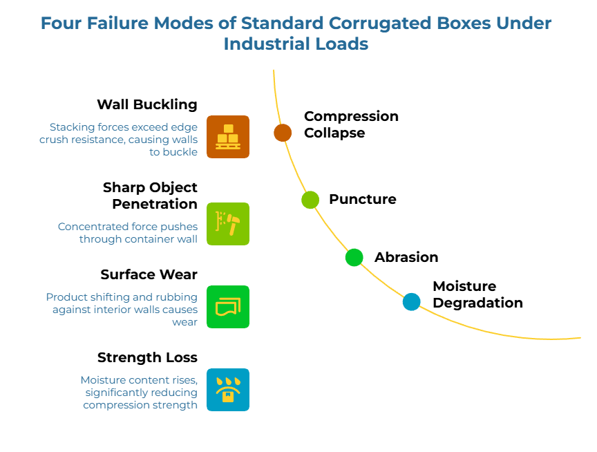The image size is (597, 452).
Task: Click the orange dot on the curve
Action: click(283, 133)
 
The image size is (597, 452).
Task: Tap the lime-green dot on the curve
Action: click(310, 200)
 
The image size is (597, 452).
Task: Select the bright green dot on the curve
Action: click(354, 257)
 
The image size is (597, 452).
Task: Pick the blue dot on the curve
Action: click(411, 302)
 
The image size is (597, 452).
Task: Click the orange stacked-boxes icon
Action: click(228, 137)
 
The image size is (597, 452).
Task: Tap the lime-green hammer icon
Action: click(228, 224)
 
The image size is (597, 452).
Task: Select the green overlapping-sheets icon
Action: click(228, 307)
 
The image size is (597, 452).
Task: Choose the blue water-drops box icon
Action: click(228, 390)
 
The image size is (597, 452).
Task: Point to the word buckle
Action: click(181, 151)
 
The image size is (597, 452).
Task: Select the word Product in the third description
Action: click(66, 297)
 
